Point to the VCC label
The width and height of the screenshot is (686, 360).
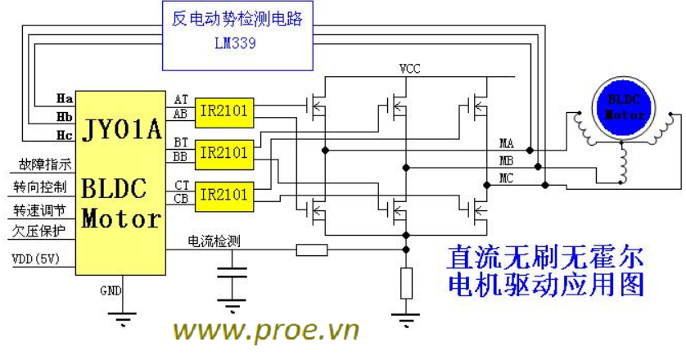409,69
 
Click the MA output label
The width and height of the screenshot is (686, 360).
507,144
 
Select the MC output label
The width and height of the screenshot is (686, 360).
507,178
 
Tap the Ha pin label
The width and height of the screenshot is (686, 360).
64,98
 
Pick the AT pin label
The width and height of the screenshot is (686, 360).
181,99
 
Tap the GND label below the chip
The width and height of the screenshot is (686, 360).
111,291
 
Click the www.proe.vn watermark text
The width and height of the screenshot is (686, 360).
267,331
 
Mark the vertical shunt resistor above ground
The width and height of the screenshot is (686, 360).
405,282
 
